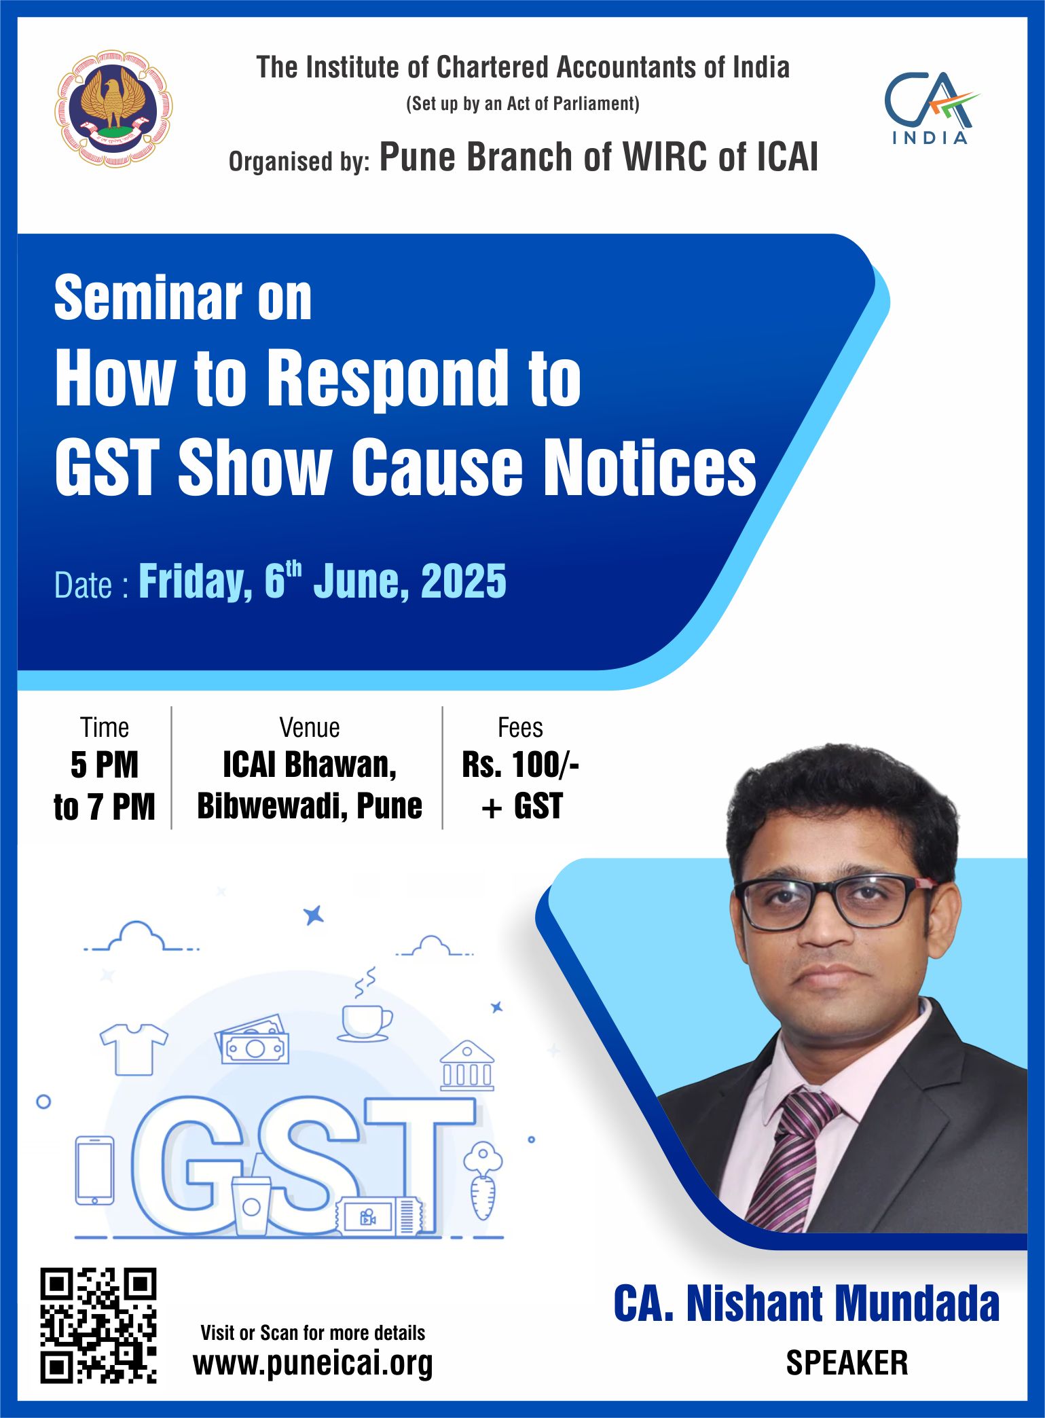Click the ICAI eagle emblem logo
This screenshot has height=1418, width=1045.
click(113, 109)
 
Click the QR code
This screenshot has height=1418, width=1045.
click(98, 1325)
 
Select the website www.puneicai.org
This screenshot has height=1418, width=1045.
click(313, 1362)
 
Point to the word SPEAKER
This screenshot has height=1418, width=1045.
click(847, 1362)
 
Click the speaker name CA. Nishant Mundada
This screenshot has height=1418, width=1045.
click(807, 1303)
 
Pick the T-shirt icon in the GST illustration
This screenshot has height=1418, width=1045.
click(134, 1049)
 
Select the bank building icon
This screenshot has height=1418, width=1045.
click(467, 1065)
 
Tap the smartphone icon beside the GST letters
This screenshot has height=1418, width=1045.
click(94, 1170)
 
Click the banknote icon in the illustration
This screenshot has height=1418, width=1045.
click(253, 1039)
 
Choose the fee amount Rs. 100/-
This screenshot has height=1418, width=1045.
click(520, 765)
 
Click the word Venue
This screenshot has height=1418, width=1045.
click(310, 727)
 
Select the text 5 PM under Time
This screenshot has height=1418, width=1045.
click(105, 765)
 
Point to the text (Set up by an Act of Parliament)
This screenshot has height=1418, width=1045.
click(523, 104)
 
